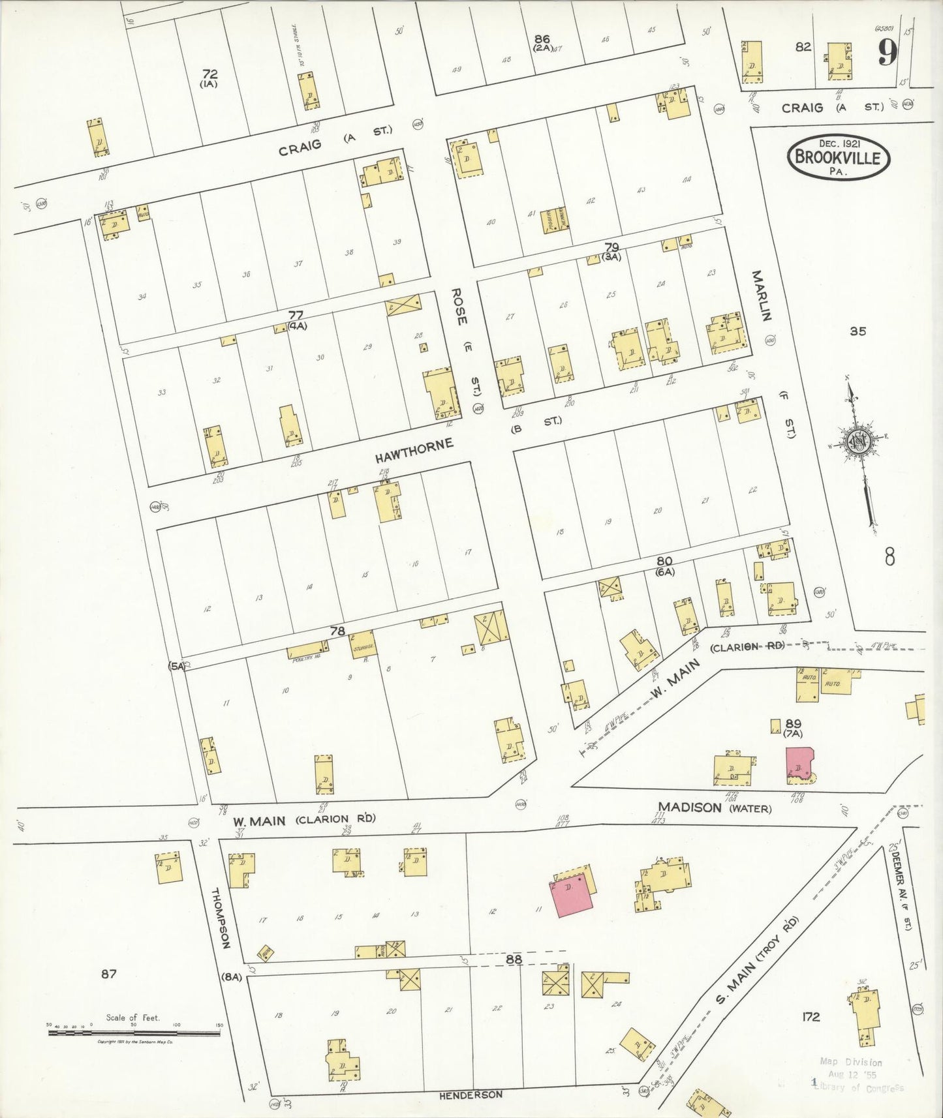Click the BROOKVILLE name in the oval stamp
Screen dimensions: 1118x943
coord(839,158)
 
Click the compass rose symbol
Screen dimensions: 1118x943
coord(856,442)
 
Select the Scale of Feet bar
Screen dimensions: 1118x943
coord(134,1033)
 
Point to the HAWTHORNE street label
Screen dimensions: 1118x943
coord(414,451)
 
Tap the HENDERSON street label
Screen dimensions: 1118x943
coord(471,1095)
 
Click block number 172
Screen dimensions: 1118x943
coord(811,1016)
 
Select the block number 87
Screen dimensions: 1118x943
coord(108,974)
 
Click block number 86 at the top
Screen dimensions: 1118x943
coord(541,39)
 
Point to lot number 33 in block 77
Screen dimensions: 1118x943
coord(162,393)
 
